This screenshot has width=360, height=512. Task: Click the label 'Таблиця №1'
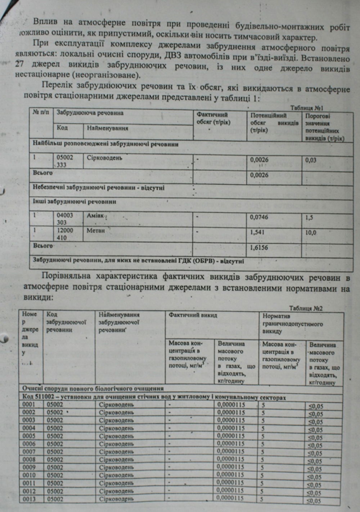307,108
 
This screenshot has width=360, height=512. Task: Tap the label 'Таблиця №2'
306,308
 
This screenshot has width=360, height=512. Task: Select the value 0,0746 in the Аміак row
259,217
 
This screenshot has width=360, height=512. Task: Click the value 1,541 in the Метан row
257,232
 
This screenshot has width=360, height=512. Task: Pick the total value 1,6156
259,248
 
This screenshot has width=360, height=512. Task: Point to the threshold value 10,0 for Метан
311,233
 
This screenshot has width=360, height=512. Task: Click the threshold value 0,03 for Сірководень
311,160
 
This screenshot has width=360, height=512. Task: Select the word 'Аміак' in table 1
95,215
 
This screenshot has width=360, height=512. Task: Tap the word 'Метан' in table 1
95,231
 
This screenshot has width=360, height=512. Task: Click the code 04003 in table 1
65,215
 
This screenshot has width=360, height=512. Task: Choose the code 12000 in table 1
65,231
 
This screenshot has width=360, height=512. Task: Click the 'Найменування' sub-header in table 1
108,128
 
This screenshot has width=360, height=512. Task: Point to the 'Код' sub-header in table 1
62,128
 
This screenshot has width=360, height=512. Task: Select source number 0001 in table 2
29,405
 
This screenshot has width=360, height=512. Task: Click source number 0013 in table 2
29,499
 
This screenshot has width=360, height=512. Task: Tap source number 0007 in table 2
29,452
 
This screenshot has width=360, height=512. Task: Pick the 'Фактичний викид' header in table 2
193,315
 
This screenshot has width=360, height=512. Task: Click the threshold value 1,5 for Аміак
309,217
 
